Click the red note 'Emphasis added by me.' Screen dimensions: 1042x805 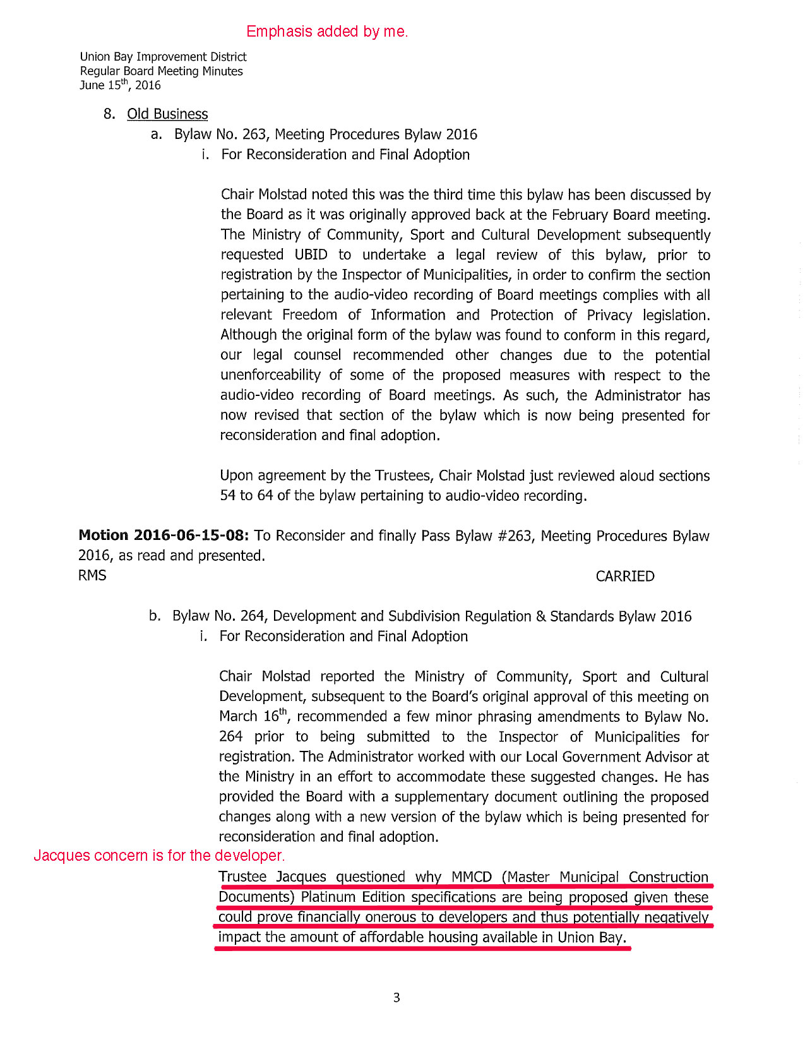(327, 32)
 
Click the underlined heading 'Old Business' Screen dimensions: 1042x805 (167, 114)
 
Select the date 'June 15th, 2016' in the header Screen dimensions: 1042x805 (120, 85)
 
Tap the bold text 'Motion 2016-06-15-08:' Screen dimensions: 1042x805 (164, 536)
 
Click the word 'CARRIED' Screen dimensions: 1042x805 (624, 576)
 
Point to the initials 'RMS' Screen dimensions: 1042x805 (92, 575)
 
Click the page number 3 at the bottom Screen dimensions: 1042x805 (397, 998)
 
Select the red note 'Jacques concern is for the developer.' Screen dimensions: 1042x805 (159, 856)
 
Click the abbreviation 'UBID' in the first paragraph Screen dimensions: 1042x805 (311, 255)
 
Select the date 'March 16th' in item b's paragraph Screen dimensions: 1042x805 (253, 717)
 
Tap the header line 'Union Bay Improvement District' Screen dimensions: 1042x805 (163, 57)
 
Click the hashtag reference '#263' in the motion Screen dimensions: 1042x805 (514, 536)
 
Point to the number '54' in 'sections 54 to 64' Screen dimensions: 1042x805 (228, 496)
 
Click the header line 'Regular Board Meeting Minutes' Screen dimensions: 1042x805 (161, 71)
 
